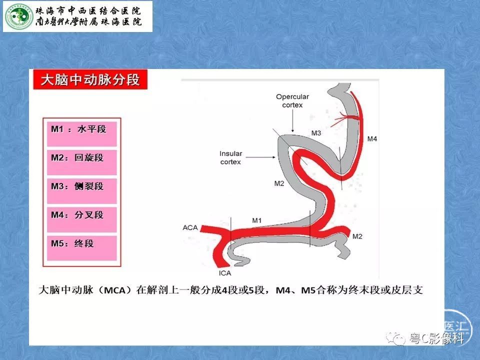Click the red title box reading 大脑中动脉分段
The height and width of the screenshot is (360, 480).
90,79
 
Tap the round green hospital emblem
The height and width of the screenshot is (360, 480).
18,16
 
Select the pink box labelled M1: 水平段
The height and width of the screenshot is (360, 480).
81,134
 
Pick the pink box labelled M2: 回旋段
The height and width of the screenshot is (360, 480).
81,162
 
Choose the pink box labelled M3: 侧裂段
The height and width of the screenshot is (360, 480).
81,191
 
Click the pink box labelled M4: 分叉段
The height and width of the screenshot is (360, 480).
81,219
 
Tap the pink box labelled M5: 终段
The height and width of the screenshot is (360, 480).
81,248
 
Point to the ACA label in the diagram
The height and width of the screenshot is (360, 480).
190,228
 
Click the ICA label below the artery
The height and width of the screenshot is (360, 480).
225,273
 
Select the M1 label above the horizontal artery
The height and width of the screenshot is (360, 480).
257,220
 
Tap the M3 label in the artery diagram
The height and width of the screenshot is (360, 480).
316,133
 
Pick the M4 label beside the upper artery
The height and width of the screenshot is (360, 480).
372,139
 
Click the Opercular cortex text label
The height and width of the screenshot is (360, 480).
292,100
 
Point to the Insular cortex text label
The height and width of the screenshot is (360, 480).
231,157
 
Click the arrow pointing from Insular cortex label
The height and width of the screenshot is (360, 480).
261,157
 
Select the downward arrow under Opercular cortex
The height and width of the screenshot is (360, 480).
292,121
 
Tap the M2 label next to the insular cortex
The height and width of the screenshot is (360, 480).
279,183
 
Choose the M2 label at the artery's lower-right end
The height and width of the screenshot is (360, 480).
357,236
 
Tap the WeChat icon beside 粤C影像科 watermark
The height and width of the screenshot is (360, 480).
395,338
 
